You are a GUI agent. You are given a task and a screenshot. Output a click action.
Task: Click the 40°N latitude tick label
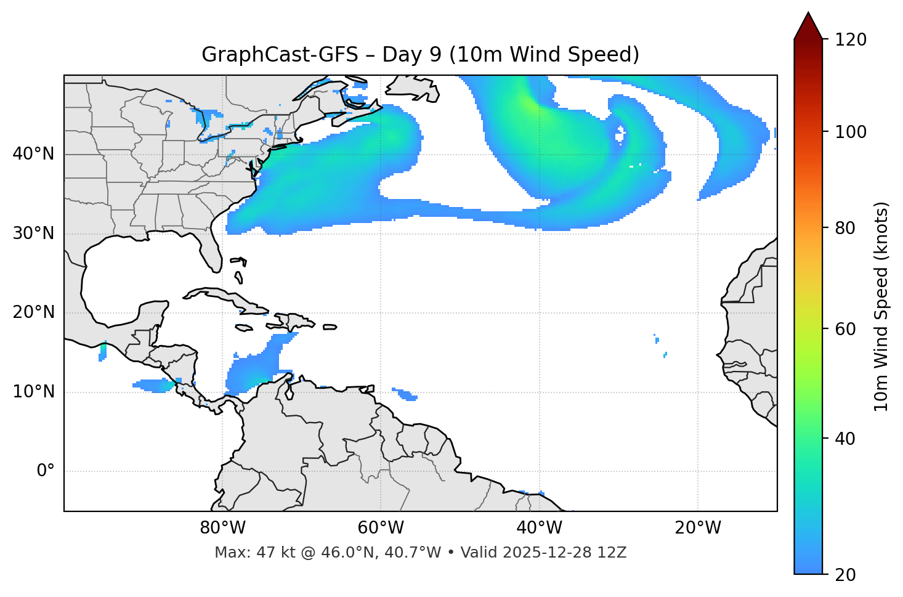[x=33, y=153]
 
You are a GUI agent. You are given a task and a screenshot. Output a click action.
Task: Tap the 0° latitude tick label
[x=46, y=471]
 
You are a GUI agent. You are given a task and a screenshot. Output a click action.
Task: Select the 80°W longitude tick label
[x=222, y=528]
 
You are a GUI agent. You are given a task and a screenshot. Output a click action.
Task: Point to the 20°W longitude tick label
[x=698, y=528]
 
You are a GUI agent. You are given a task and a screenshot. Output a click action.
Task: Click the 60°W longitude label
[x=381, y=528]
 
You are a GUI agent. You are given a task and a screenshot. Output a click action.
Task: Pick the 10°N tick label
[x=33, y=392]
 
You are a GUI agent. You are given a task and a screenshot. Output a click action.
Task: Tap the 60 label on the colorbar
[x=846, y=329]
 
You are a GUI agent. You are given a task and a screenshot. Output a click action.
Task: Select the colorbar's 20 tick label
[x=846, y=575]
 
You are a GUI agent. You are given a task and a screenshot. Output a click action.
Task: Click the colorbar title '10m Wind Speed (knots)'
[x=881, y=306]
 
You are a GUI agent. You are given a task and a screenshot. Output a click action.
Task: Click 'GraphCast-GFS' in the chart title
[x=280, y=55]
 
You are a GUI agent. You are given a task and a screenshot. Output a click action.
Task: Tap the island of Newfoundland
[x=413, y=87]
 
